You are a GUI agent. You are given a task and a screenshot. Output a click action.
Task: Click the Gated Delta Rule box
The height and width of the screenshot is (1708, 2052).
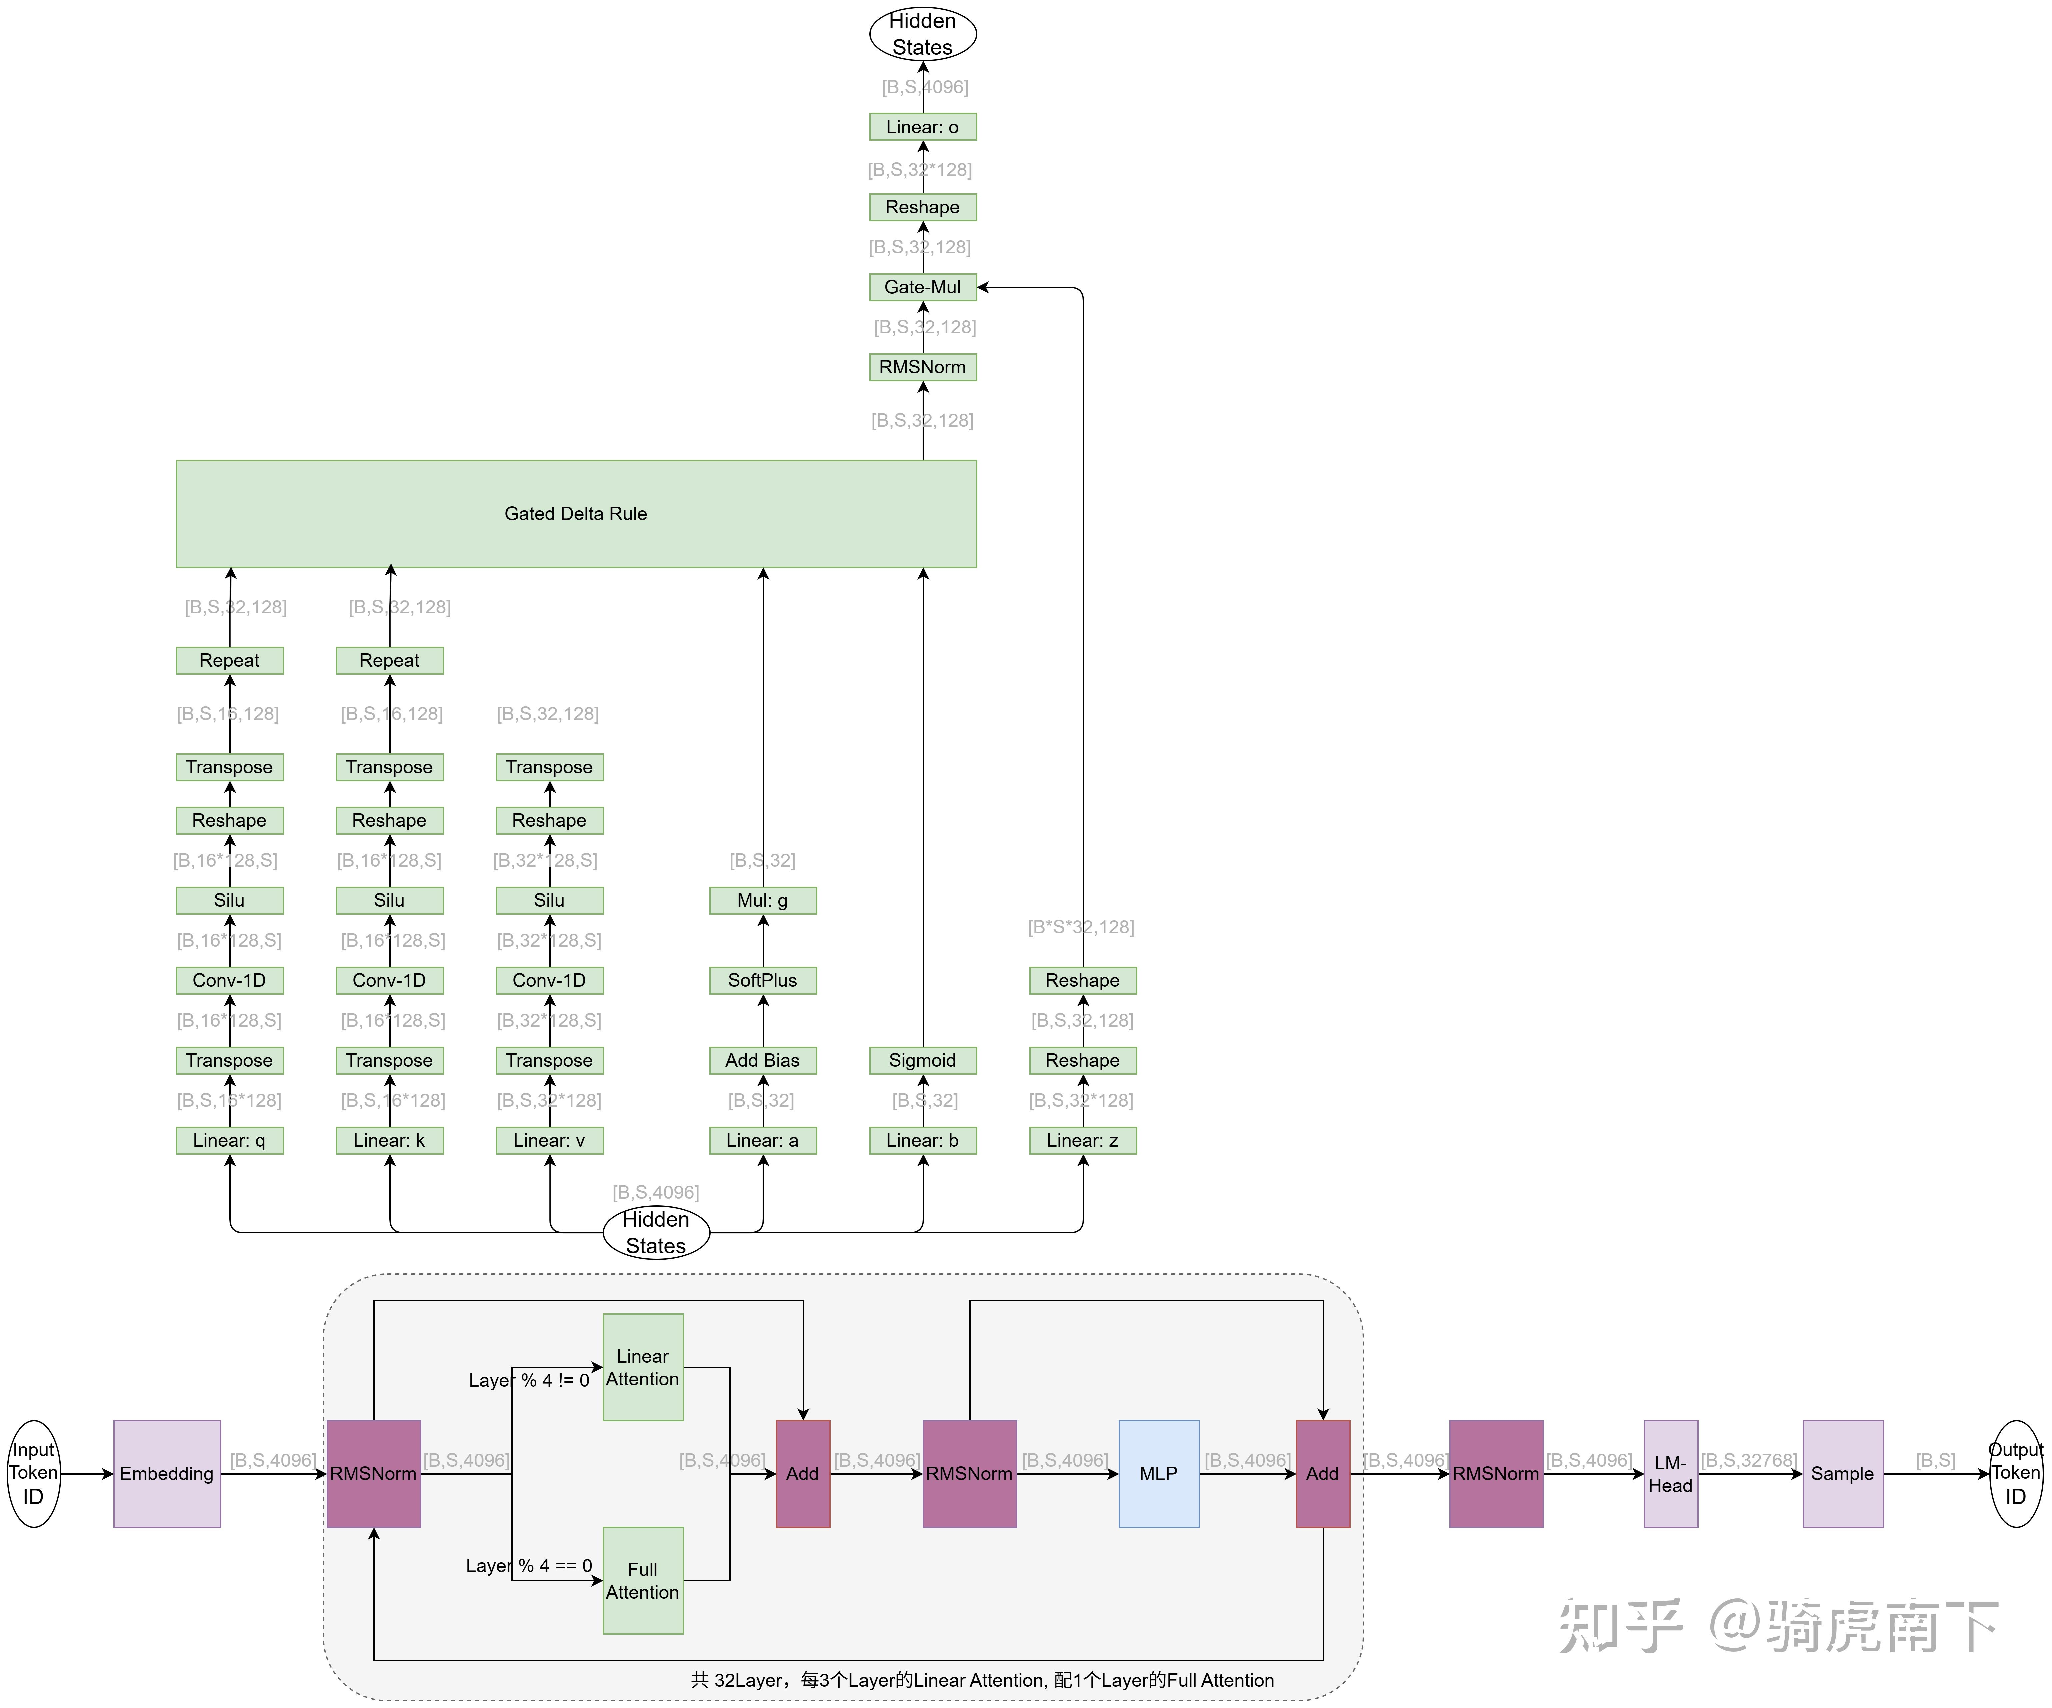[576, 514]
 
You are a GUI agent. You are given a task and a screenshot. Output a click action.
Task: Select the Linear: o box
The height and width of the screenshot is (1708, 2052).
[922, 127]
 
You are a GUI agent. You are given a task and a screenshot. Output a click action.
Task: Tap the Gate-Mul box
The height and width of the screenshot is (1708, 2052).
[922, 287]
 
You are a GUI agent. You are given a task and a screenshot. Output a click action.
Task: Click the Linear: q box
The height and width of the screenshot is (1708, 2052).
[230, 1140]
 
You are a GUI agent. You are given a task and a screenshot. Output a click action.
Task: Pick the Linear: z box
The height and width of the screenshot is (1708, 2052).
[1083, 1140]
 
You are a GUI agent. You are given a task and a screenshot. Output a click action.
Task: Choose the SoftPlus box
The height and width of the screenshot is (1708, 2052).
[762, 980]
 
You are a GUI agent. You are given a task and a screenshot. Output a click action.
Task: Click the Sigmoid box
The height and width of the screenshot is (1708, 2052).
[922, 1060]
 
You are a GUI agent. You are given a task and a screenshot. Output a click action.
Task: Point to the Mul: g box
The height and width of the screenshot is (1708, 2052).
[762, 900]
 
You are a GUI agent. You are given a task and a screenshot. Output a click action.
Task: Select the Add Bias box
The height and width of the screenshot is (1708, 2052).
[762, 1060]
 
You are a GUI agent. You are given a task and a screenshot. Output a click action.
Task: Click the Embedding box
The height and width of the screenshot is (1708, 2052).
[167, 1473]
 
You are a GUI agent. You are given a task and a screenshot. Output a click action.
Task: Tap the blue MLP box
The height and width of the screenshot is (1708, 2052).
[1159, 1473]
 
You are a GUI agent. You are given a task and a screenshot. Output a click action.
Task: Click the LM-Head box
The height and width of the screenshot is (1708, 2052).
[1671, 1473]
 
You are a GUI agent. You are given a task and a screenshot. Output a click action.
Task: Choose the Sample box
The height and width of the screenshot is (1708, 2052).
[1843, 1473]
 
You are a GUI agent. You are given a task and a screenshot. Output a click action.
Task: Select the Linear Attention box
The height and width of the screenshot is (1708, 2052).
[643, 1367]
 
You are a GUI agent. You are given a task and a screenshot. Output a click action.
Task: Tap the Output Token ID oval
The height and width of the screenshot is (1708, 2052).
[2016, 1473]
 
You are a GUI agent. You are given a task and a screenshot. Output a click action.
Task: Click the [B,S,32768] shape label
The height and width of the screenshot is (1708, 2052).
[1749, 1460]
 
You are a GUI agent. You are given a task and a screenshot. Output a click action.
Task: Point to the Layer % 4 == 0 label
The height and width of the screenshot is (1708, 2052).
[529, 1565]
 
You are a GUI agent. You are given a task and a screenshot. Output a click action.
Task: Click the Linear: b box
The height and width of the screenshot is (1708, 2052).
[922, 1140]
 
